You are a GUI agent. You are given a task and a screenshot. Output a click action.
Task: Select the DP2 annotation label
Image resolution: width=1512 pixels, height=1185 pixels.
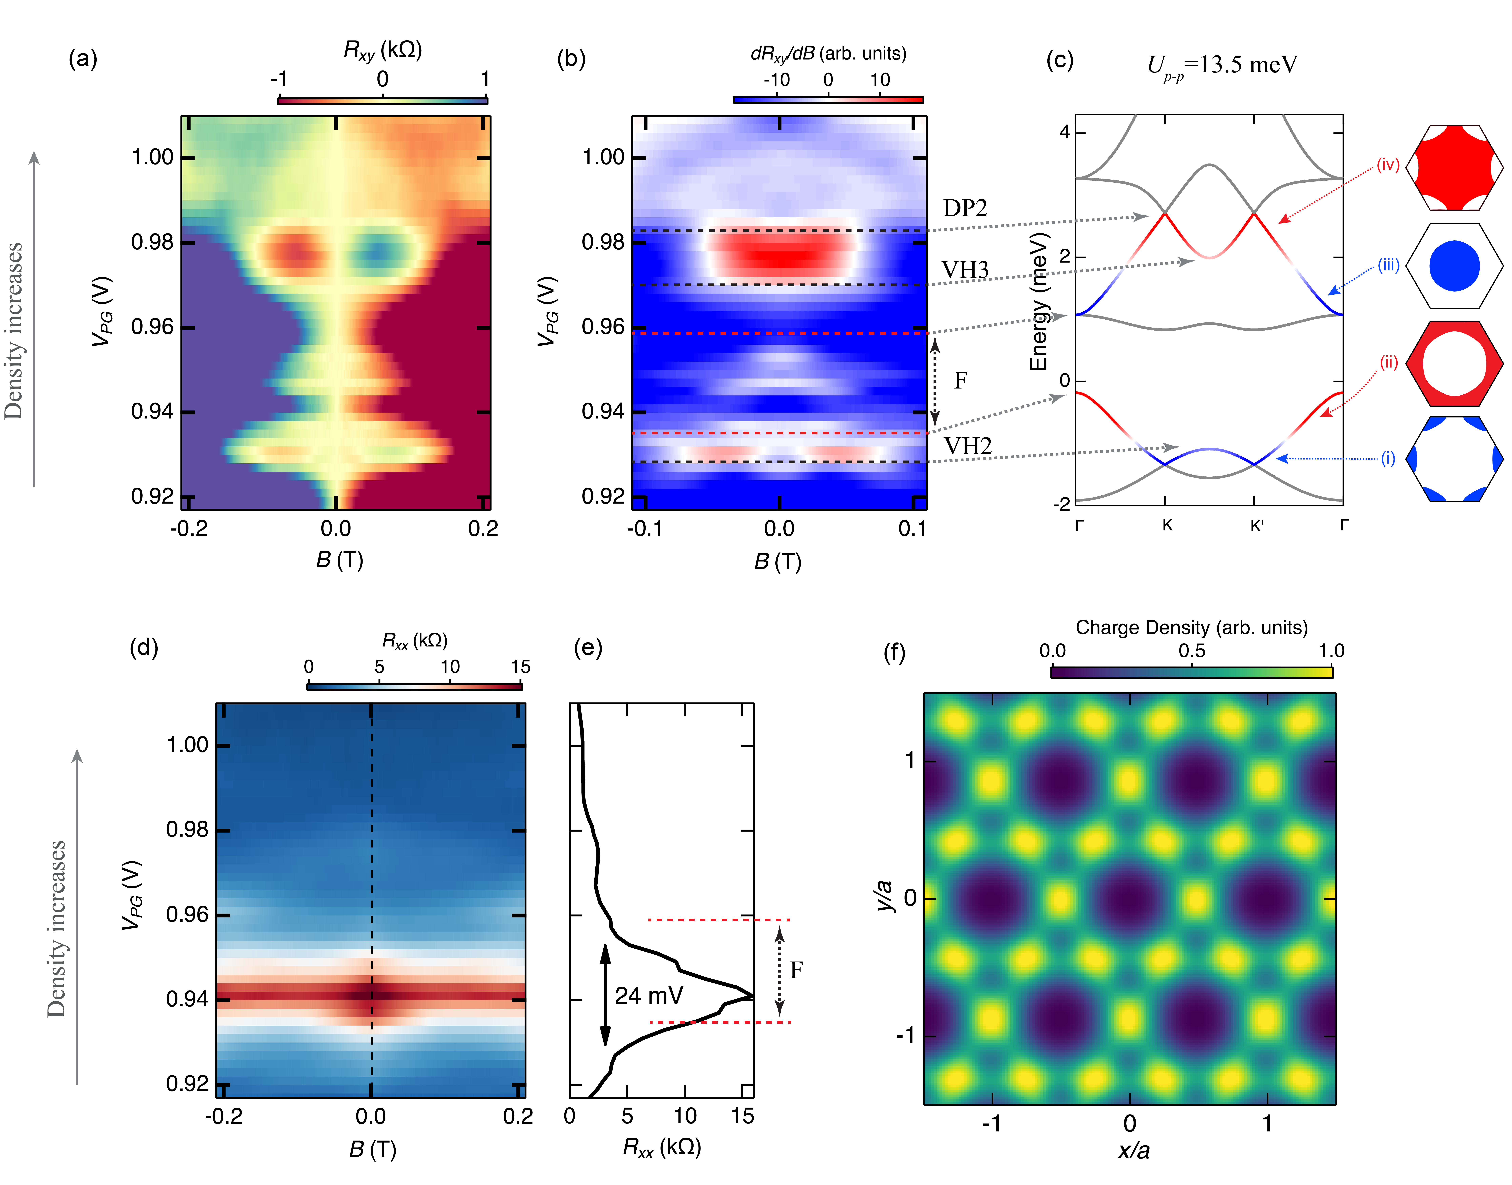point(965,208)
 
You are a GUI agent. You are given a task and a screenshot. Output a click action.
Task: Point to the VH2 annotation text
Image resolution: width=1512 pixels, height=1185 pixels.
point(967,446)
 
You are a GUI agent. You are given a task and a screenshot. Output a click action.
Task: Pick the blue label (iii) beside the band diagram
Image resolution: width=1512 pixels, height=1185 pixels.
point(1388,265)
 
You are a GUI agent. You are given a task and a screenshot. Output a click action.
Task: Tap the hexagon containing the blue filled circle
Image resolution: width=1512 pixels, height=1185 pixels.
point(1454,266)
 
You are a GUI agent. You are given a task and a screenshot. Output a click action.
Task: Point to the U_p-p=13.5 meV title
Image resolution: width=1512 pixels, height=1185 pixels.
point(1221,66)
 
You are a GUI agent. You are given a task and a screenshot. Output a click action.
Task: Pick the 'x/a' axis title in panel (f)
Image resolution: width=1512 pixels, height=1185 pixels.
point(1133,1150)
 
